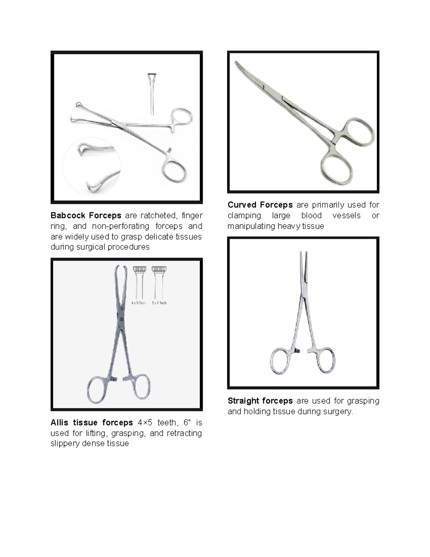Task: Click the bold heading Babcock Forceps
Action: pos(86,216)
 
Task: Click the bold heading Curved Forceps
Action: pos(260,205)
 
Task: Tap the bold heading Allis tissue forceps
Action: pos(91,423)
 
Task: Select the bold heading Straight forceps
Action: pos(260,401)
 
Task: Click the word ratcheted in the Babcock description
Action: pos(158,216)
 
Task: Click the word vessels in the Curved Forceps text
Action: pos(346,216)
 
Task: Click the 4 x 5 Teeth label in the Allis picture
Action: pos(138,303)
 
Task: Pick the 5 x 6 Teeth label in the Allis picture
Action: pos(159,303)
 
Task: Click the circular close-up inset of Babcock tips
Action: pos(92,166)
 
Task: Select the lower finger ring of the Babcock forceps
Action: pos(174,172)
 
